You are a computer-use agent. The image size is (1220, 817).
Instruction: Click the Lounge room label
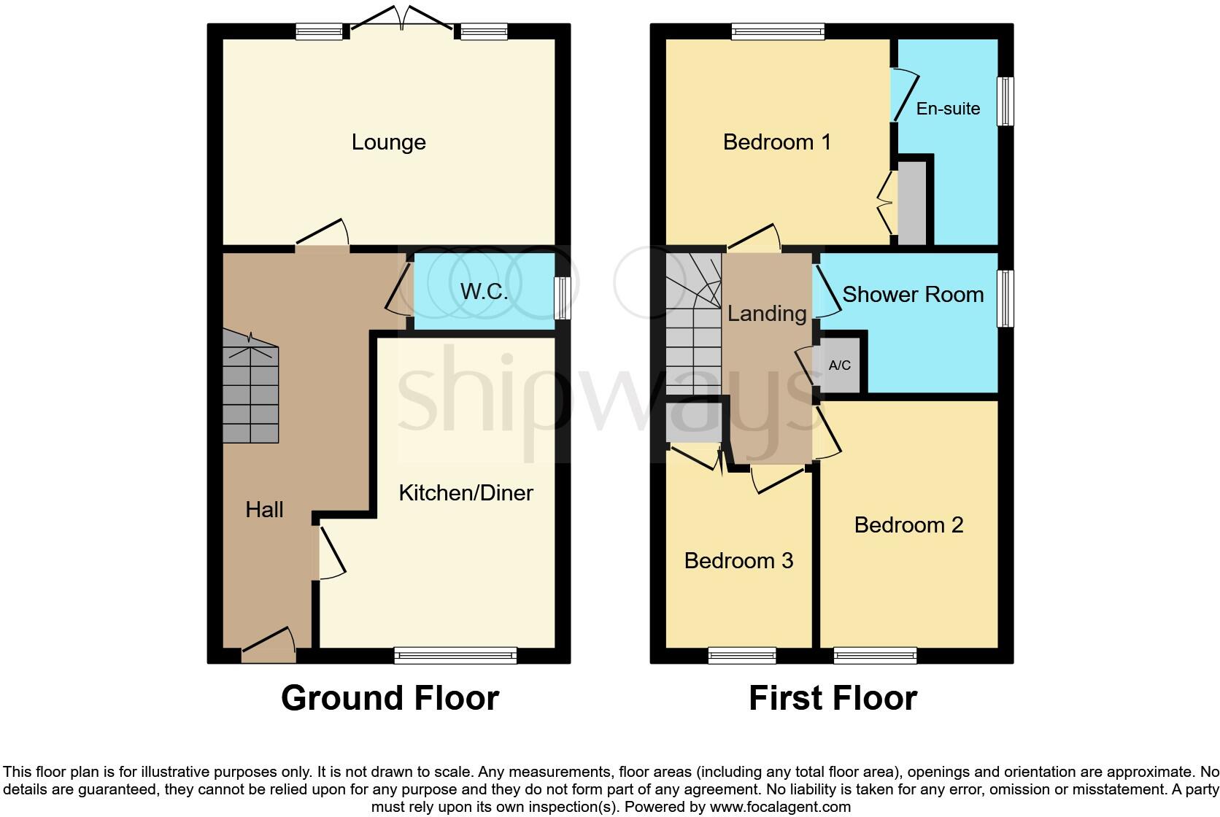point(388,142)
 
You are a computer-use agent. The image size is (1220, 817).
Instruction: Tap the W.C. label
point(484,292)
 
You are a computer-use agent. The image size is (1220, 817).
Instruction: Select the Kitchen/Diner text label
point(466,492)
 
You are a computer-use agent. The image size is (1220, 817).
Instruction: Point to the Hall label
point(264,509)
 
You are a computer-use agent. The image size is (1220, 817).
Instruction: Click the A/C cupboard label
point(840,365)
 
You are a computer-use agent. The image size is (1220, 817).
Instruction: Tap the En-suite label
point(948,109)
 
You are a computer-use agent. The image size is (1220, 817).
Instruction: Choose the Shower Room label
point(913,294)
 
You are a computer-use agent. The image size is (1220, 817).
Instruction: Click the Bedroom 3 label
point(738,560)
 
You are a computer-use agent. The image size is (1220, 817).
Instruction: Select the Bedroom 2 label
point(908,524)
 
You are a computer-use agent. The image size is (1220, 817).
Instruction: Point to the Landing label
point(766,314)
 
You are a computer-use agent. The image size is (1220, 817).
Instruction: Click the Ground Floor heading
point(390,698)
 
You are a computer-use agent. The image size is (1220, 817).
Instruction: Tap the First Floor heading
point(833,698)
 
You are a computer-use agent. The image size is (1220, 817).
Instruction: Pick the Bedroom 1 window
point(778,31)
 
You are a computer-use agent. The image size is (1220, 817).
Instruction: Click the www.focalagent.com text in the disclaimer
point(780,807)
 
